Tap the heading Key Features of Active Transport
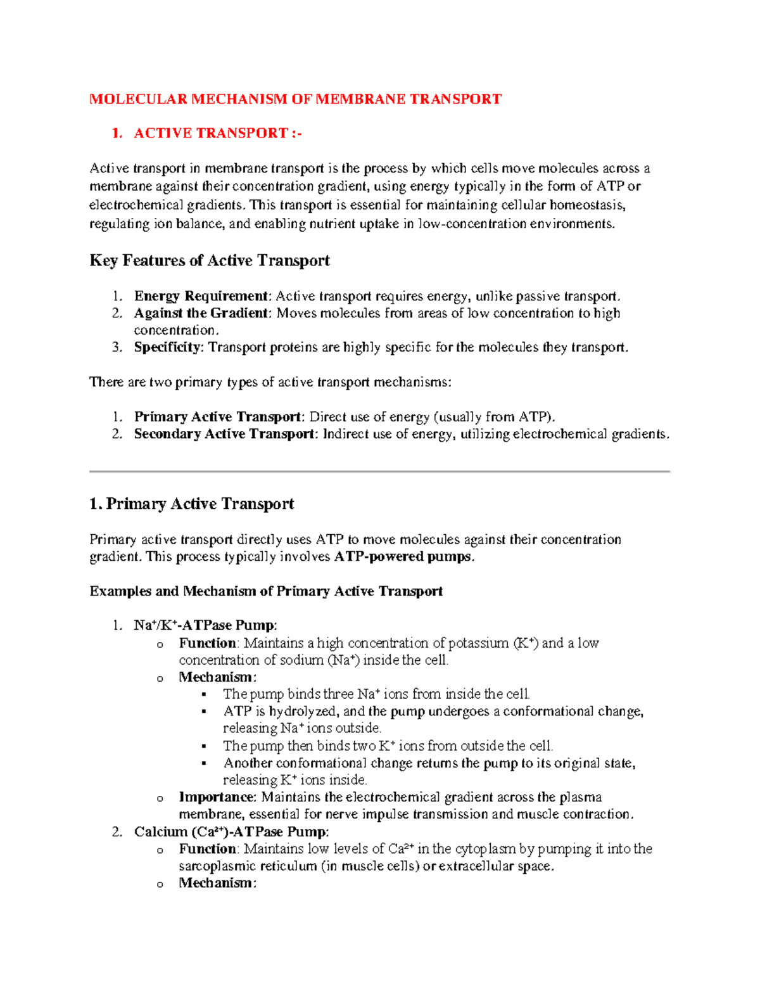point(210,260)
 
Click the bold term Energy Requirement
point(201,296)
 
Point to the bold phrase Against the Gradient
point(201,313)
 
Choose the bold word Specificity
point(167,347)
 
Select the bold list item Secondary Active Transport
point(224,434)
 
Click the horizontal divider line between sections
point(379,471)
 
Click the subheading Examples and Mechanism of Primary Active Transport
point(266,591)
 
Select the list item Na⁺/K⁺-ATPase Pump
point(205,625)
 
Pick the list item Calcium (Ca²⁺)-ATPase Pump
point(231,832)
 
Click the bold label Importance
point(216,797)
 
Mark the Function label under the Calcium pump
point(207,849)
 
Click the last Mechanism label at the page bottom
point(216,883)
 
